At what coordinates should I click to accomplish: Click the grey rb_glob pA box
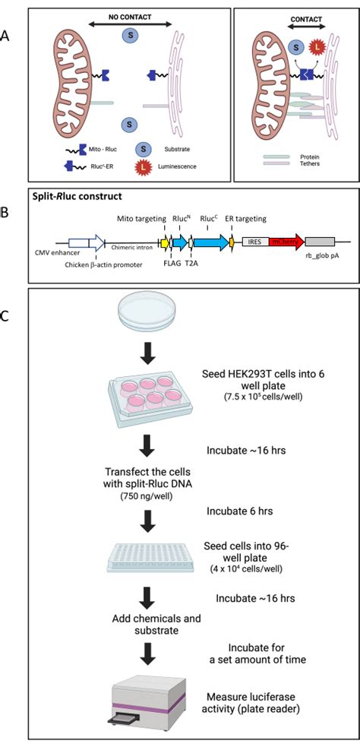319,242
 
